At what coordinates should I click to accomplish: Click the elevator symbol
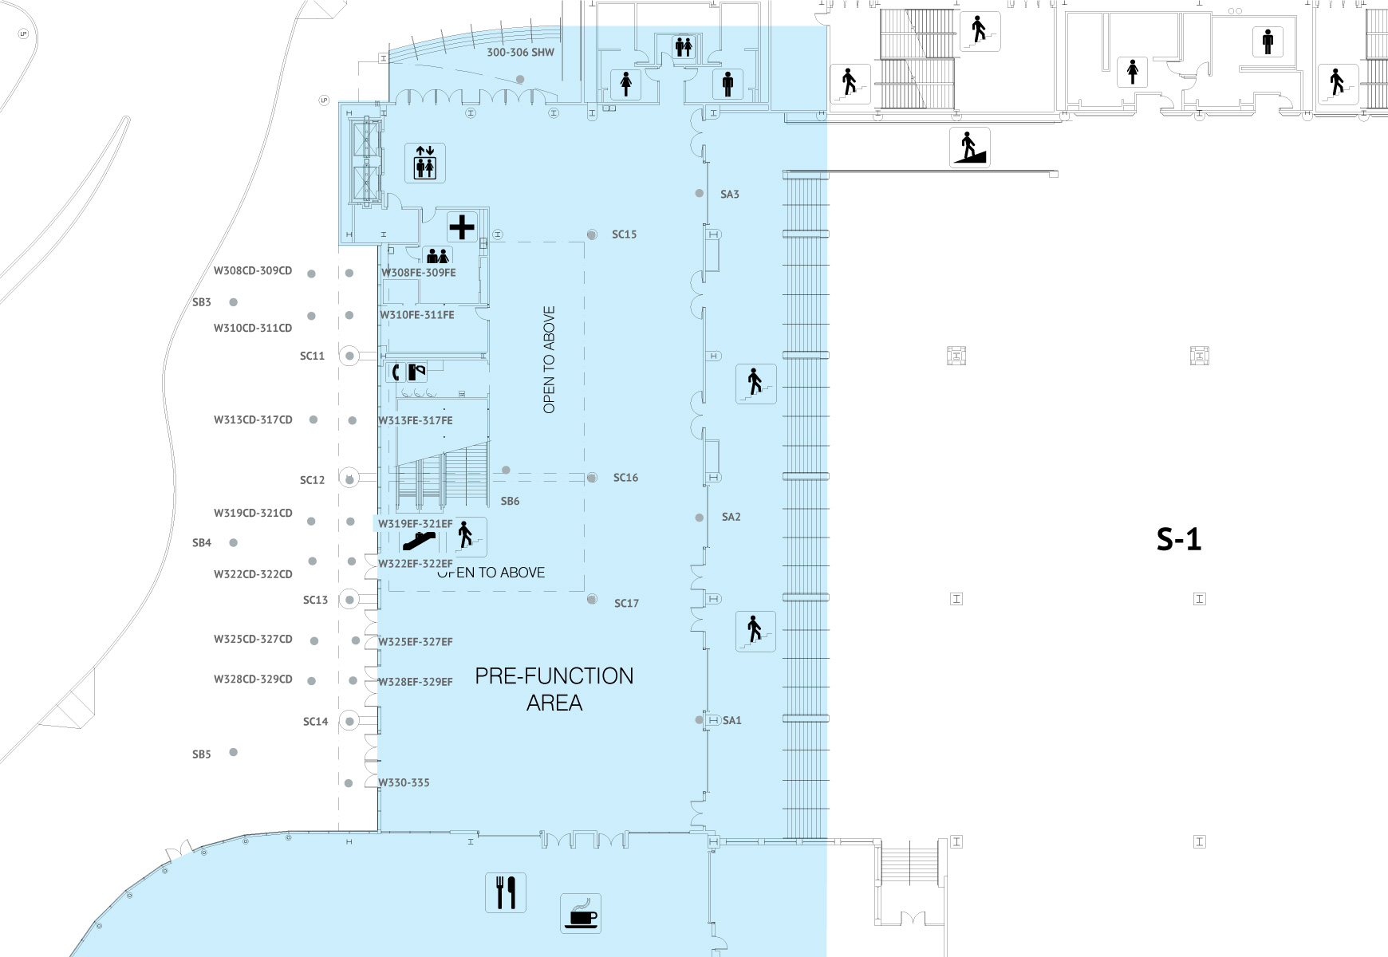click(x=424, y=163)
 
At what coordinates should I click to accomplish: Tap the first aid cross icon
click(x=462, y=227)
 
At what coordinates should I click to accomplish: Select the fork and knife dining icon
click(x=506, y=892)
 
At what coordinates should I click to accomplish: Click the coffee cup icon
click(x=581, y=913)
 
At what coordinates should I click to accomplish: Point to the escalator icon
click(x=419, y=542)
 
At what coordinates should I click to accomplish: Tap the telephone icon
click(x=396, y=372)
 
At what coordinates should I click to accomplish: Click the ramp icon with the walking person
click(x=970, y=148)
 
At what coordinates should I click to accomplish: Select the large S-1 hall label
click(x=1179, y=541)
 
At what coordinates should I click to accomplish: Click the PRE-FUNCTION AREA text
click(x=554, y=690)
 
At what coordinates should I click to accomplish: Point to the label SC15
click(x=625, y=234)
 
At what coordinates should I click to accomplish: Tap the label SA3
click(x=730, y=194)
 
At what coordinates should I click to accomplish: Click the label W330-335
click(x=404, y=782)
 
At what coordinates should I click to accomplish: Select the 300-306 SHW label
click(x=520, y=53)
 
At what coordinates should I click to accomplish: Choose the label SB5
click(x=202, y=754)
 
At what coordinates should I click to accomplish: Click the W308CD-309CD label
click(x=253, y=270)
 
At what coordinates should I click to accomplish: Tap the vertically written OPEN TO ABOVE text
click(x=549, y=360)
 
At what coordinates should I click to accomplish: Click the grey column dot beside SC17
click(x=592, y=600)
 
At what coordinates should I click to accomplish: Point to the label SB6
click(x=510, y=501)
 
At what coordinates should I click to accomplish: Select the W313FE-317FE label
click(x=416, y=420)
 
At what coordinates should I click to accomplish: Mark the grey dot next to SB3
click(x=234, y=302)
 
